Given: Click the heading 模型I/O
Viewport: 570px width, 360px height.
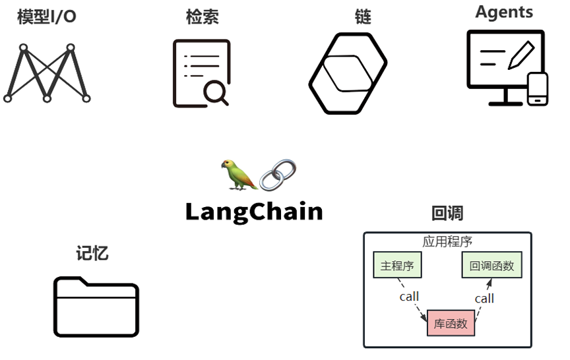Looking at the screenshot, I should coord(47,16).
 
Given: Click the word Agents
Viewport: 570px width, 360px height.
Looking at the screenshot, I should coord(504,12).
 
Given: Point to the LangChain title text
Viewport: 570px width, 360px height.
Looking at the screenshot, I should coord(254,212).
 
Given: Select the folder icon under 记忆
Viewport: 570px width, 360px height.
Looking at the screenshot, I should coord(96,307).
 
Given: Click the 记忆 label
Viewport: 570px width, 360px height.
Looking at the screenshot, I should coord(92,253).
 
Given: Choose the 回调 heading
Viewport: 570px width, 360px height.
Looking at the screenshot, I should coord(447,213).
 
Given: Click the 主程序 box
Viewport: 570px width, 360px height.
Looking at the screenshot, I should coord(397,266).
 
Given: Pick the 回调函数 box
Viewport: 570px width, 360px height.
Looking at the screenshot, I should coord(491,266).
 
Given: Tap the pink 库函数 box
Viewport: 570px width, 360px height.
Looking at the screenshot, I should coord(451,323).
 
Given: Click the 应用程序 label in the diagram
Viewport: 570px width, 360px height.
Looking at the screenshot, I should coord(447,241).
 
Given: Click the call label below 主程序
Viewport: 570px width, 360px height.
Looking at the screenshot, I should coord(409,296).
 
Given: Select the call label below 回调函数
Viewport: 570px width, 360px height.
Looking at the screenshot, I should coord(484,298).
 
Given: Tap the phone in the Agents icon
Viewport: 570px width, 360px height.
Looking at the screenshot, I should coord(538,88).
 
